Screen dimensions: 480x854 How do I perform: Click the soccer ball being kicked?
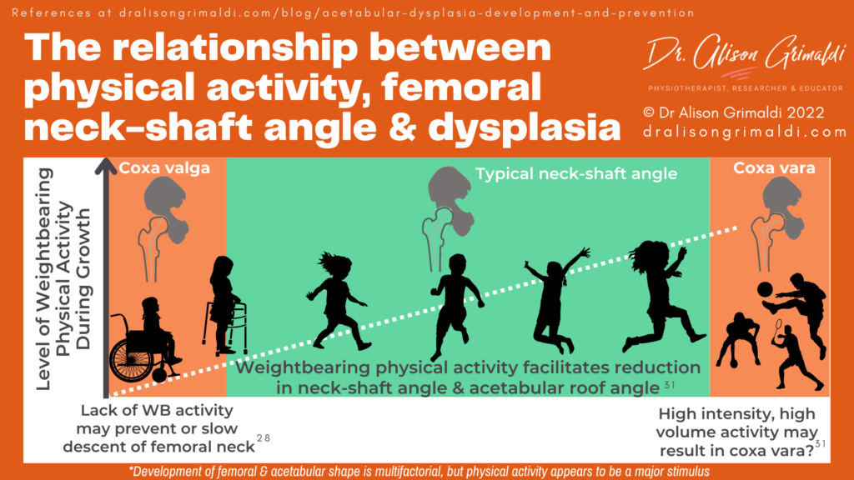point(765,289)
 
